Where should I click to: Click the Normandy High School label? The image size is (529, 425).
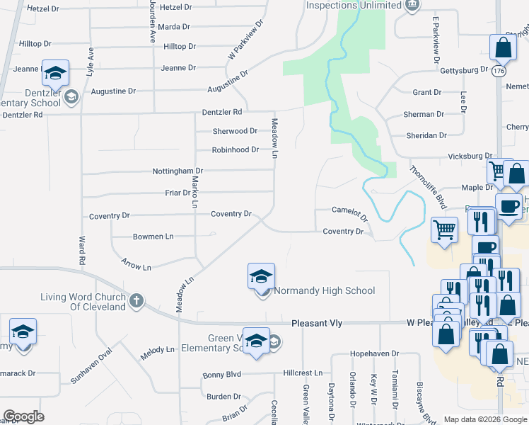click(324, 290)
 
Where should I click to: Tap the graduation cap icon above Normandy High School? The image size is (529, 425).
click(261, 276)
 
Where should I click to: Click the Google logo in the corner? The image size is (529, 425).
click(23, 416)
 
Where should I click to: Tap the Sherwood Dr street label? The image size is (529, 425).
click(235, 131)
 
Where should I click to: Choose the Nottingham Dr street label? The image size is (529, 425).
click(178, 171)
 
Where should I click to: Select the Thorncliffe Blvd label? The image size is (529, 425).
click(429, 187)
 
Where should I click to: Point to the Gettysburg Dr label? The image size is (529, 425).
click(465, 70)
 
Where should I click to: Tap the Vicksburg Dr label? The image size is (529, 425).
click(470, 156)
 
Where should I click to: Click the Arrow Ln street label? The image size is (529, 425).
click(136, 265)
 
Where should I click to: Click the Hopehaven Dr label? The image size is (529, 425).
click(375, 353)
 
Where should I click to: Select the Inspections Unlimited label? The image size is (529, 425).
click(354, 6)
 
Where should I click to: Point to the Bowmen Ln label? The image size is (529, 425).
click(153, 236)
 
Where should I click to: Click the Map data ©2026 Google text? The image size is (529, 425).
click(485, 419)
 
